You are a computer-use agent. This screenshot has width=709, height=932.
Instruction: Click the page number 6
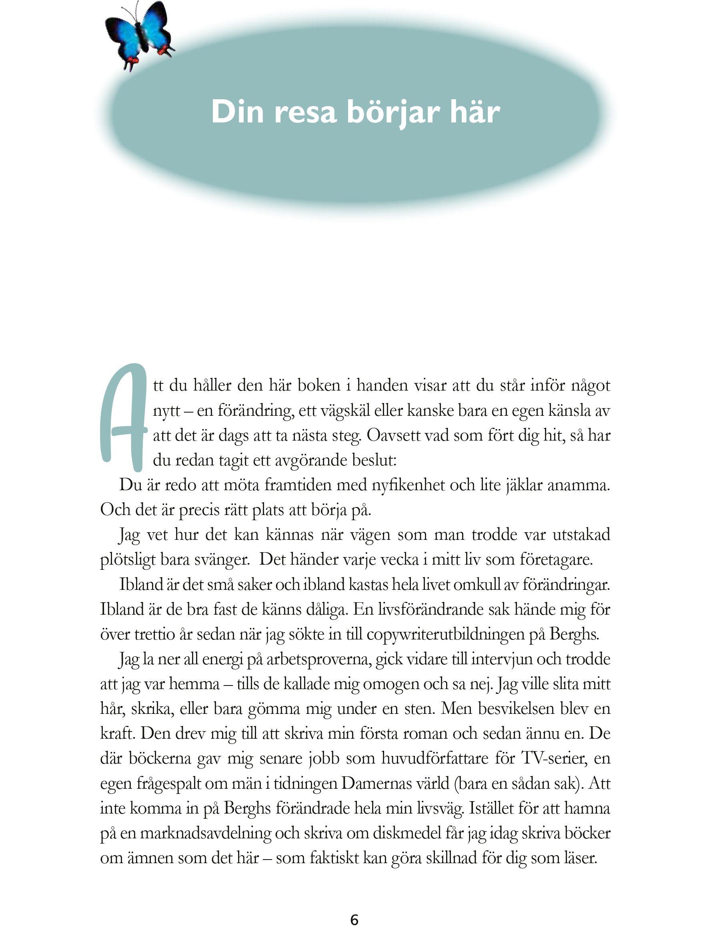(354, 919)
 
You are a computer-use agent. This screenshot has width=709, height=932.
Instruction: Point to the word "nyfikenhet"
(408, 486)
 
